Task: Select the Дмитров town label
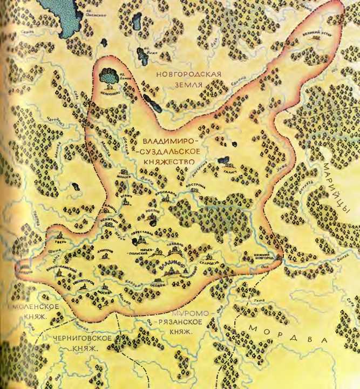pyautogui.click(x=105, y=251)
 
